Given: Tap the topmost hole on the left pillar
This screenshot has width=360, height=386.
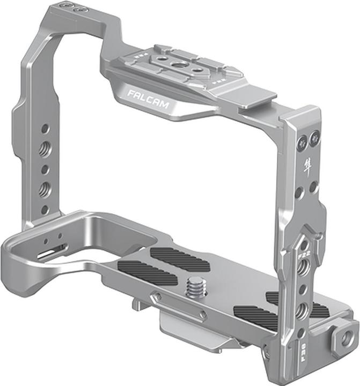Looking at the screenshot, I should (45, 129).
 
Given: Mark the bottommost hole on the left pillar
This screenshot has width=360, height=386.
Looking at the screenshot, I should (45, 209).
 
